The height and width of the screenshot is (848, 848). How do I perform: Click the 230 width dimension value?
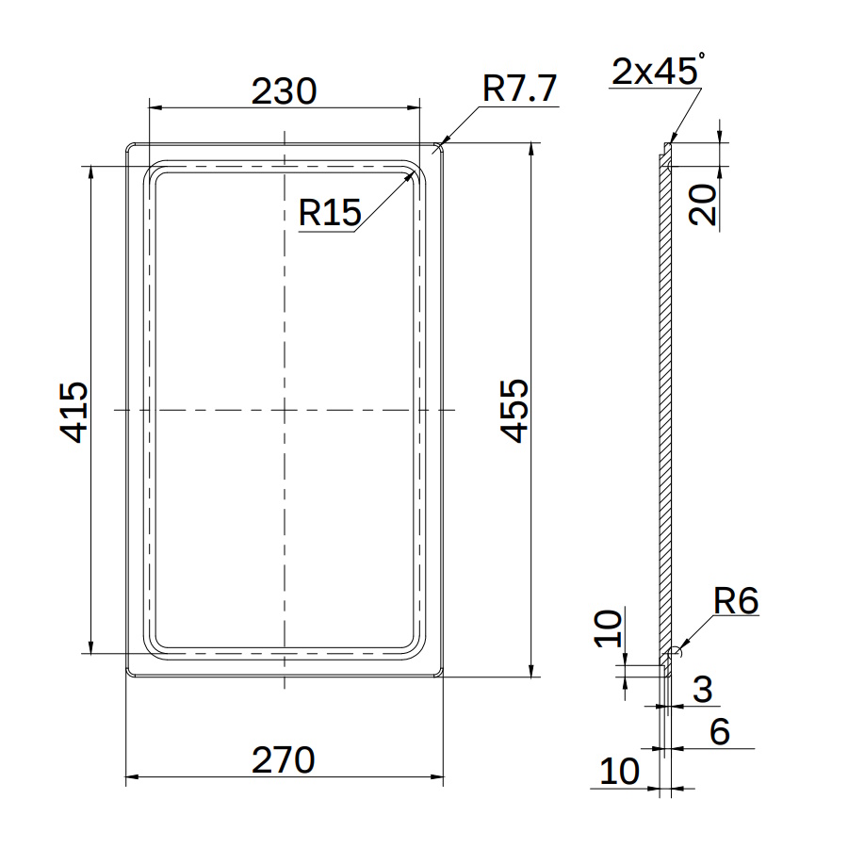coord(284,90)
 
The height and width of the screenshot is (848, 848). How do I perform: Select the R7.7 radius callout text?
coord(520,89)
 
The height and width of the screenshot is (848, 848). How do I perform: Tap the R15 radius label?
coord(330,212)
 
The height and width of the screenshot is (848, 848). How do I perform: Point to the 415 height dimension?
coord(73,412)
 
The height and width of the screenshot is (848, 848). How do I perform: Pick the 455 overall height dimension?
coord(514,411)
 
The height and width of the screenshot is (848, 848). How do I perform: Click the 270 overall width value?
coord(284,759)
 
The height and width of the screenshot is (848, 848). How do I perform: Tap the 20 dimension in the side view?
coord(702,204)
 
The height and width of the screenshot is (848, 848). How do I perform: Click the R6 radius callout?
coord(736,600)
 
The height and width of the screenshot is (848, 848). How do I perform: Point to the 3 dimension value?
coord(703,689)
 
